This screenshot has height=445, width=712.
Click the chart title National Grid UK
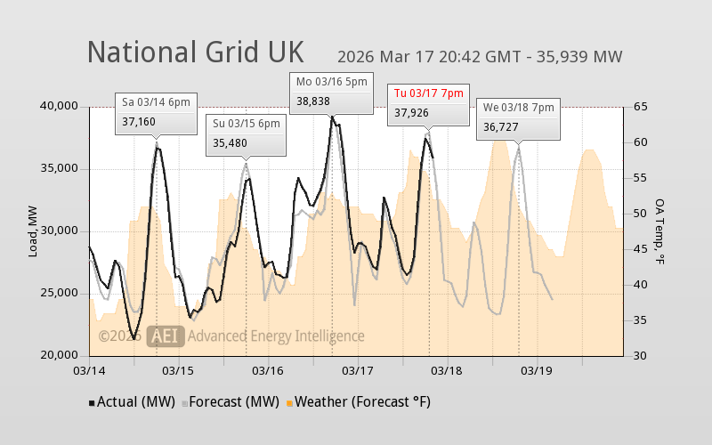[195, 52]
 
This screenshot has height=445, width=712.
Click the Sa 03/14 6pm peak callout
[156, 112]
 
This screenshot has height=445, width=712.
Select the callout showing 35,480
[246, 133]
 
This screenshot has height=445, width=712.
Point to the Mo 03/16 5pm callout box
[332, 93]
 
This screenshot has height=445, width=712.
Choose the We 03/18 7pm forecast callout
[518, 118]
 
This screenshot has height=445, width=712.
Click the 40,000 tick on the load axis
[59, 107]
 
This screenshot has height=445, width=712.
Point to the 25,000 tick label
[59, 294]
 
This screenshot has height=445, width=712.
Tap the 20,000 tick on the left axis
[59, 356]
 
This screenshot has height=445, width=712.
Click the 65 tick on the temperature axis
[639, 107]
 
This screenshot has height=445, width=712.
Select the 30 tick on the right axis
[639, 356]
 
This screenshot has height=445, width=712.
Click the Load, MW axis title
[33, 231]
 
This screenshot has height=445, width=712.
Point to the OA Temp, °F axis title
[660, 231]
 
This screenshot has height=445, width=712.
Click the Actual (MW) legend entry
[133, 402]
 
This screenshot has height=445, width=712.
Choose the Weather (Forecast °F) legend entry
[358, 402]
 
